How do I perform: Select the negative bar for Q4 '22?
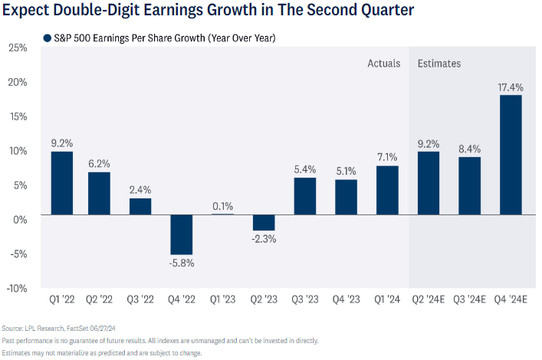181,234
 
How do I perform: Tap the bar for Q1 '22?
62,183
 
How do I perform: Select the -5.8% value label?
181,263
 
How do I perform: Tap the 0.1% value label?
222,205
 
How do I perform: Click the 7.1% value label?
387,157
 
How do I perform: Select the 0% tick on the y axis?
20,219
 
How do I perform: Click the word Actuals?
384,64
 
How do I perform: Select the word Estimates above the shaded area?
439,64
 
